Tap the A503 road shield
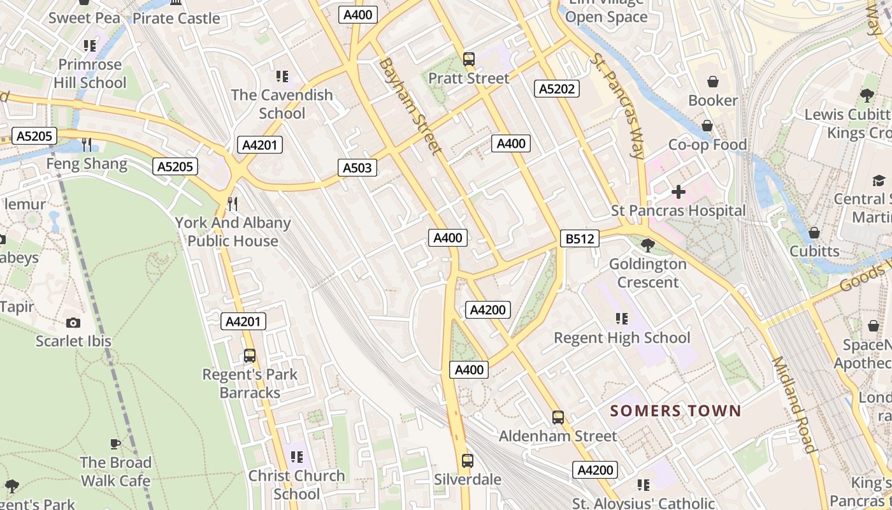click(357, 168)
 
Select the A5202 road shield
click(557, 89)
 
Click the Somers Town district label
click(676, 411)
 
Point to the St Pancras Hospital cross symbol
click(678, 192)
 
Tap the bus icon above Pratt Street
click(469, 59)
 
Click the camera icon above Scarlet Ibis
click(73, 323)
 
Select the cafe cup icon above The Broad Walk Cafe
click(115, 444)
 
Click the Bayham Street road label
click(410, 106)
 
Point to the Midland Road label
click(794, 404)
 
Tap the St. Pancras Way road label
click(618, 105)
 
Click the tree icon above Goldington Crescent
click(648, 245)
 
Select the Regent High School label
click(622, 337)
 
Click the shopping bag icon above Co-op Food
click(707, 126)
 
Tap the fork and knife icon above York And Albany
click(233, 204)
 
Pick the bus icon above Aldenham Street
click(558, 418)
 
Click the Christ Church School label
click(296, 484)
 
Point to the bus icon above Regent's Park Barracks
click(250, 356)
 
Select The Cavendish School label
click(282, 104)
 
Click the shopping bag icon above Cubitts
click(814, 233)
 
